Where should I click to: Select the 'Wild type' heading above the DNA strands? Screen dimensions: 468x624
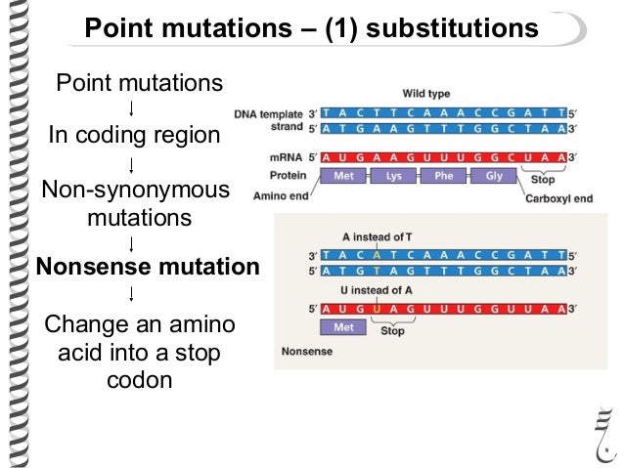pyautogui.click(x=426, y=95)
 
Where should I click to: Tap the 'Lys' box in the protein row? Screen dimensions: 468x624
pyautogui.click(x=395, y=179)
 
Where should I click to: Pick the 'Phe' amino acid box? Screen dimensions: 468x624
pyautogui.click(x=443, y=179)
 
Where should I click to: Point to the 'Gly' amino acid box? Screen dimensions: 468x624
pyautogui.click(x=491, y=179)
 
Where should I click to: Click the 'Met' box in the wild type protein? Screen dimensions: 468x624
pyautogui.click(x=344, y=179)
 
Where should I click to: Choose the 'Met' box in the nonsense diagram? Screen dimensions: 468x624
pyautogui.click(x=344, y=328)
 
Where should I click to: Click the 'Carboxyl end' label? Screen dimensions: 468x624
pyautogui.click(x=557, y=197)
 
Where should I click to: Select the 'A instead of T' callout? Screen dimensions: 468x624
pyautogui.click(x=376, y=237)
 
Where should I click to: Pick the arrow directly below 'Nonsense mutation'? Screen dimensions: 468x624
pyautogui.click(x=132, y=292)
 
